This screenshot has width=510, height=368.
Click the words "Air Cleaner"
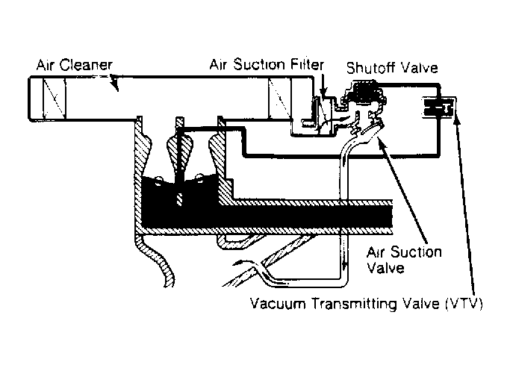pos(74,65)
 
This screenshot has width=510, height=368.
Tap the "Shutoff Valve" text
pos(392,69)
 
